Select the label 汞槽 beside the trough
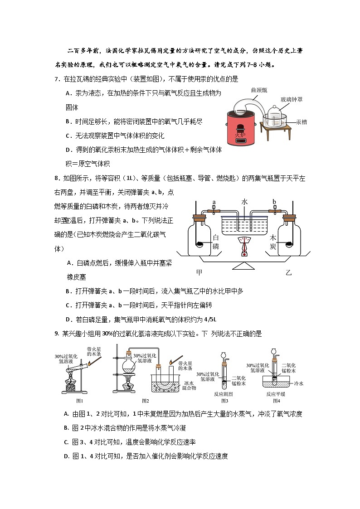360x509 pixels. (x=302, y=121)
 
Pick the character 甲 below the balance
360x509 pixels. (x=199, y=272)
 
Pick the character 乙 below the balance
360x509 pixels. (x=289, y=272)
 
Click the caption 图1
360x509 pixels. (x=80, y=400)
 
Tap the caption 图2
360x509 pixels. (x=146, y=400)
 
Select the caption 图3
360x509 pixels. (x=224, y=400)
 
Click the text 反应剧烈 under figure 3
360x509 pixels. (x=224, y=394)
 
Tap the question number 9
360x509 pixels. (x=56, y=334)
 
